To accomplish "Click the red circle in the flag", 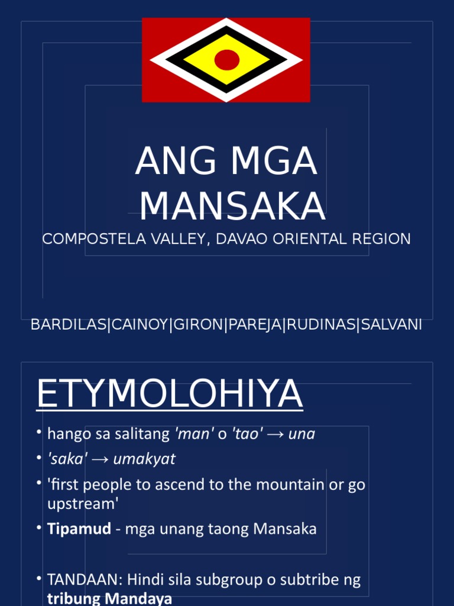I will (x=226, y=60).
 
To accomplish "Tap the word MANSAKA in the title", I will (x=232, y=206).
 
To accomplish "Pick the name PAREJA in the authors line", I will (x=255, y=325).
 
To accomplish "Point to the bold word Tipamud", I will (x=79, y=528).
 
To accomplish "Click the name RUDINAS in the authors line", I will (x=320, y=325).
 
